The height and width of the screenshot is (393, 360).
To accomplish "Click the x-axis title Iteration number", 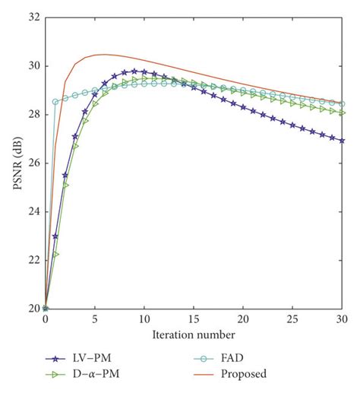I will point(194,334).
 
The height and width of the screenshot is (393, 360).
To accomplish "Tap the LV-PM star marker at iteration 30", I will point(342,141).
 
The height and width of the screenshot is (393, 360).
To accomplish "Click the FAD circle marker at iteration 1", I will point(55,101).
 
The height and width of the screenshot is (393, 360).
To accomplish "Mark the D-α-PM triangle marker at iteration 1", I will point(55,254).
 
